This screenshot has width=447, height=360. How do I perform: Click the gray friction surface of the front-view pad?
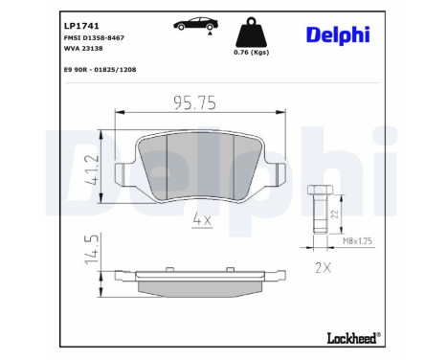coord(201,163)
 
